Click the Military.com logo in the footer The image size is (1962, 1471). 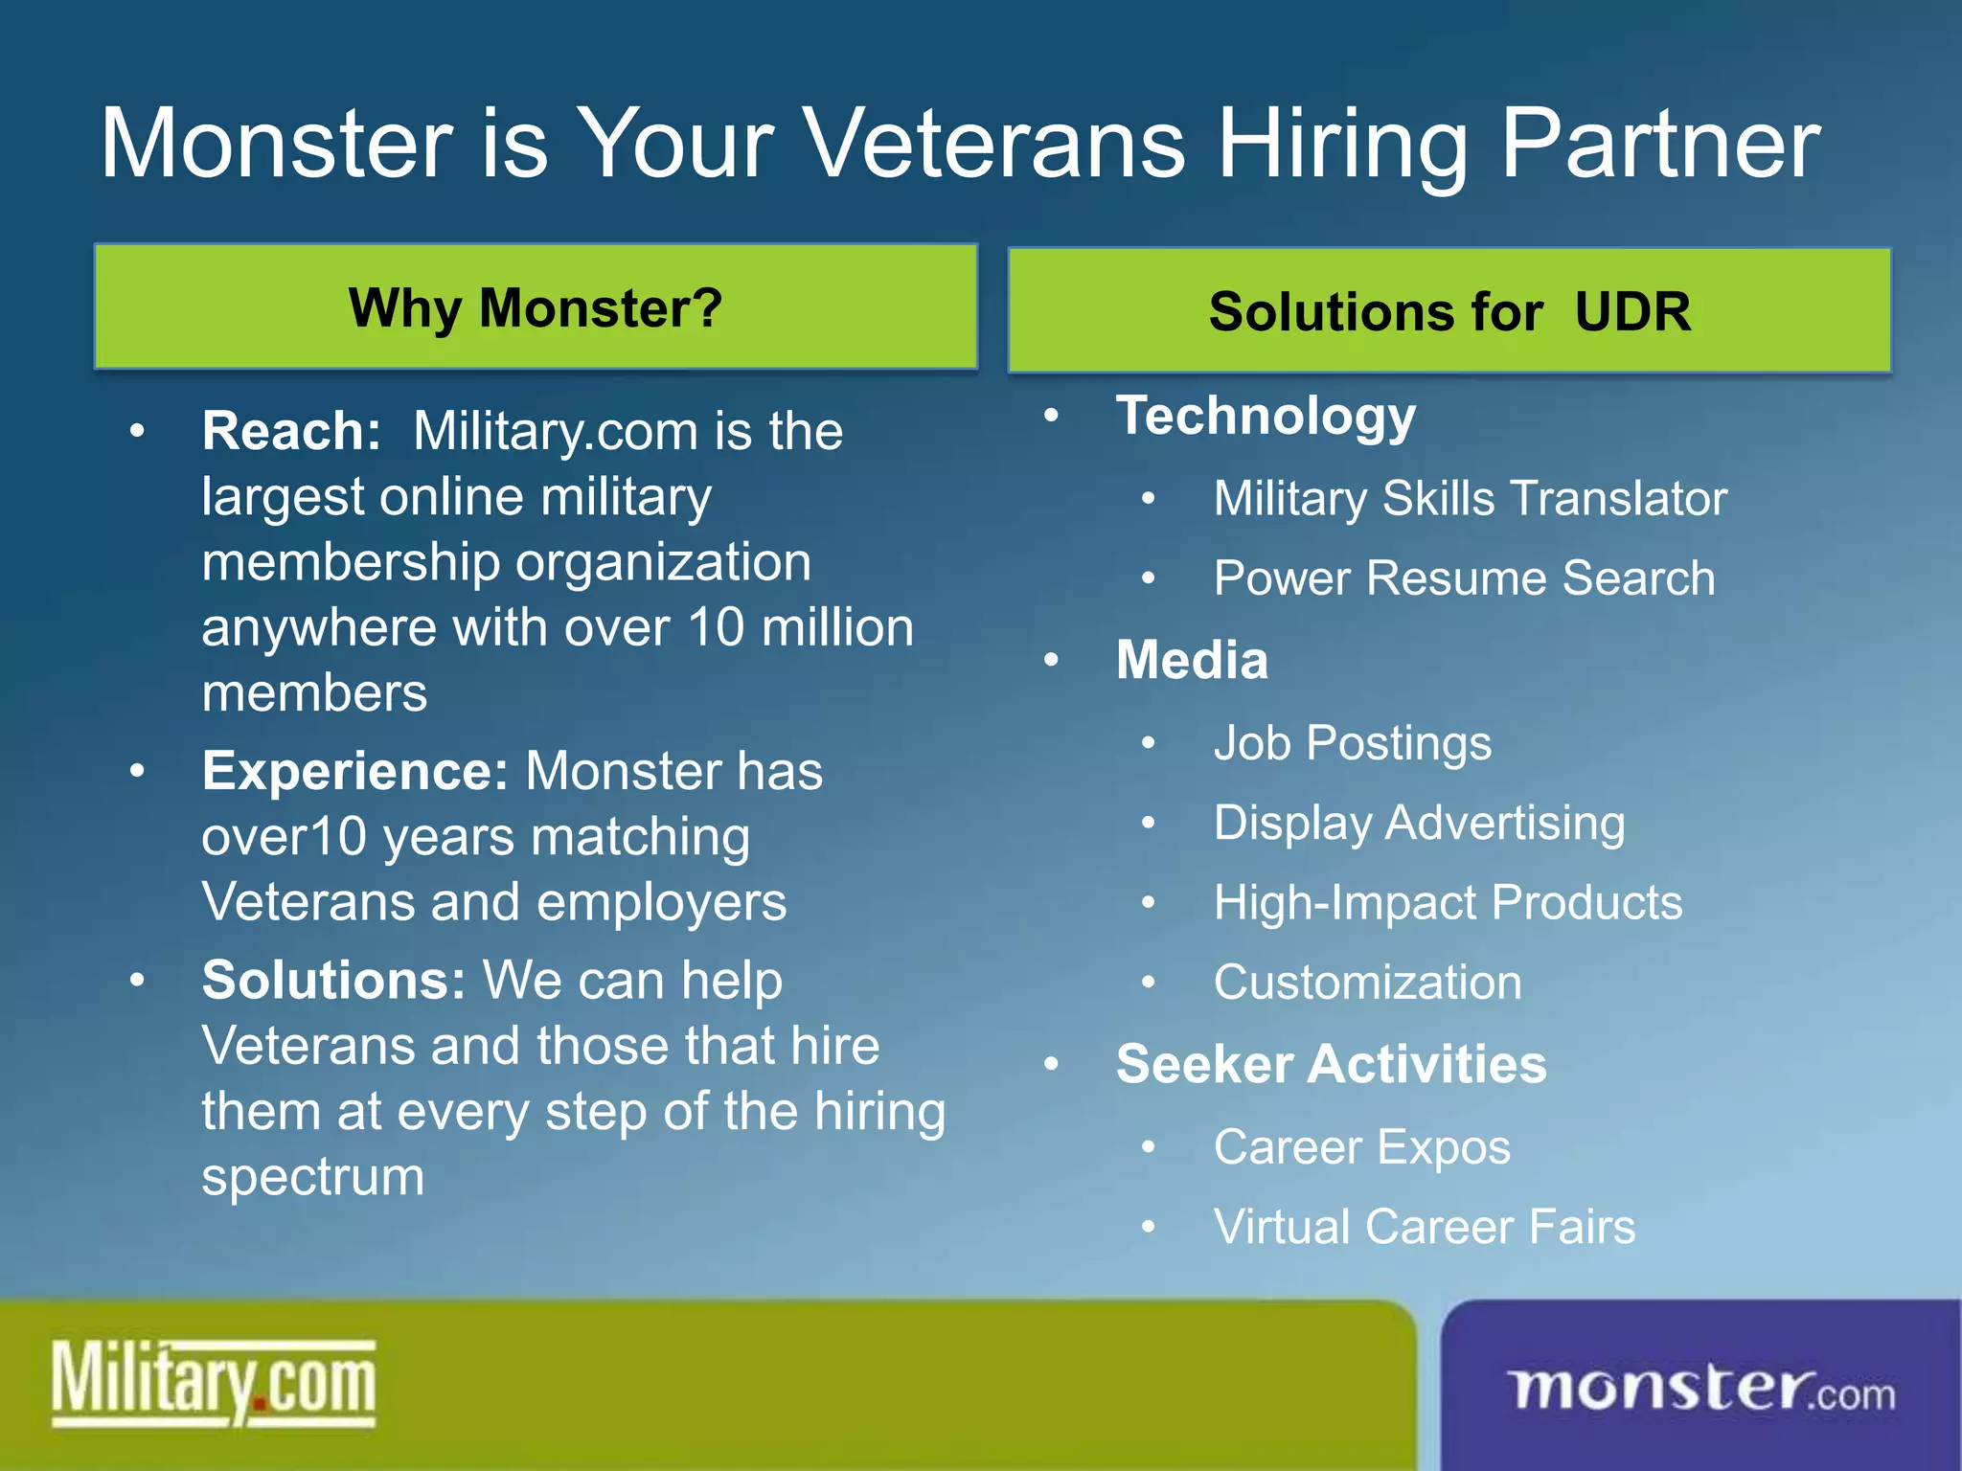pyautogui.click(x=213, y=1384)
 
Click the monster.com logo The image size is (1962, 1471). pyautogui.click(x=1701, y=1390)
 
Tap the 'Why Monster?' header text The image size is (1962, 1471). pyautogui.click(x=535, y=308)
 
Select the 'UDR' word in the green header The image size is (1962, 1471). pyautogui.click(x=1632, y=312)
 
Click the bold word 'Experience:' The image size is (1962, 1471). pyautogui.click(x=354, y=771)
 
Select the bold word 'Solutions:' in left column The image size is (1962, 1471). pyautogui.click(x=333, y=981)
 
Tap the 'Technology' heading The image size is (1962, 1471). pyautogui.click(x=1266, y=417)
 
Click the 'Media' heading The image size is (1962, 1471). pyautogui.click(x=1192, y=660)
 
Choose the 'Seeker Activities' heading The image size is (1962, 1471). pyautogui.click(x=1331, y=1064)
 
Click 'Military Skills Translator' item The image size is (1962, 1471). pyautogui.click(x=1470, y=499)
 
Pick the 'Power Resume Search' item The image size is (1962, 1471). pyautogui.click(x=1464, y=578)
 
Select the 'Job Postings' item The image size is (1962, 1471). pyautogui.click(x=1352, y=743)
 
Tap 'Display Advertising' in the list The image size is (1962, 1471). pyautogui.click(x=1419, y=823)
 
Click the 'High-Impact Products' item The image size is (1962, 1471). pyautogui.click(x=1448, y=902)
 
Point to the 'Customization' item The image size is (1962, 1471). pyautogui.click(x=1367, y=983)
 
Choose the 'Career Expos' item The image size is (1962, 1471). pyautogui.click(x=1361, y=1147)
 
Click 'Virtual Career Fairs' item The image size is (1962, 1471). pyautogui.click(x=1424, y=1227)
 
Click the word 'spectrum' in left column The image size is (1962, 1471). pyautogui.click(x=312, y=1178)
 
